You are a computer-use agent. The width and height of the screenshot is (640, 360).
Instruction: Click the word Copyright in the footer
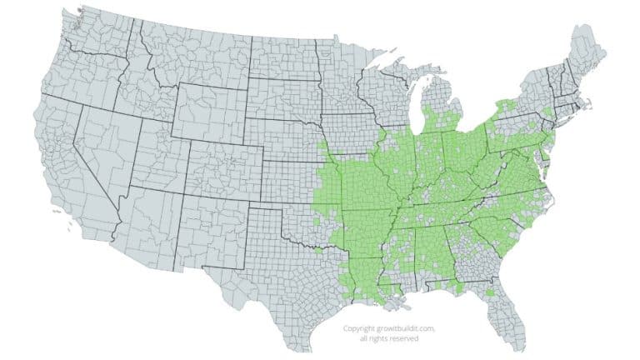[360, 328]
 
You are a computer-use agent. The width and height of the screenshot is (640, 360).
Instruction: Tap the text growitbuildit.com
[397, 328]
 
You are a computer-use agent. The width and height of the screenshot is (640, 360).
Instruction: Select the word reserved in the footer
[403, 338]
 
